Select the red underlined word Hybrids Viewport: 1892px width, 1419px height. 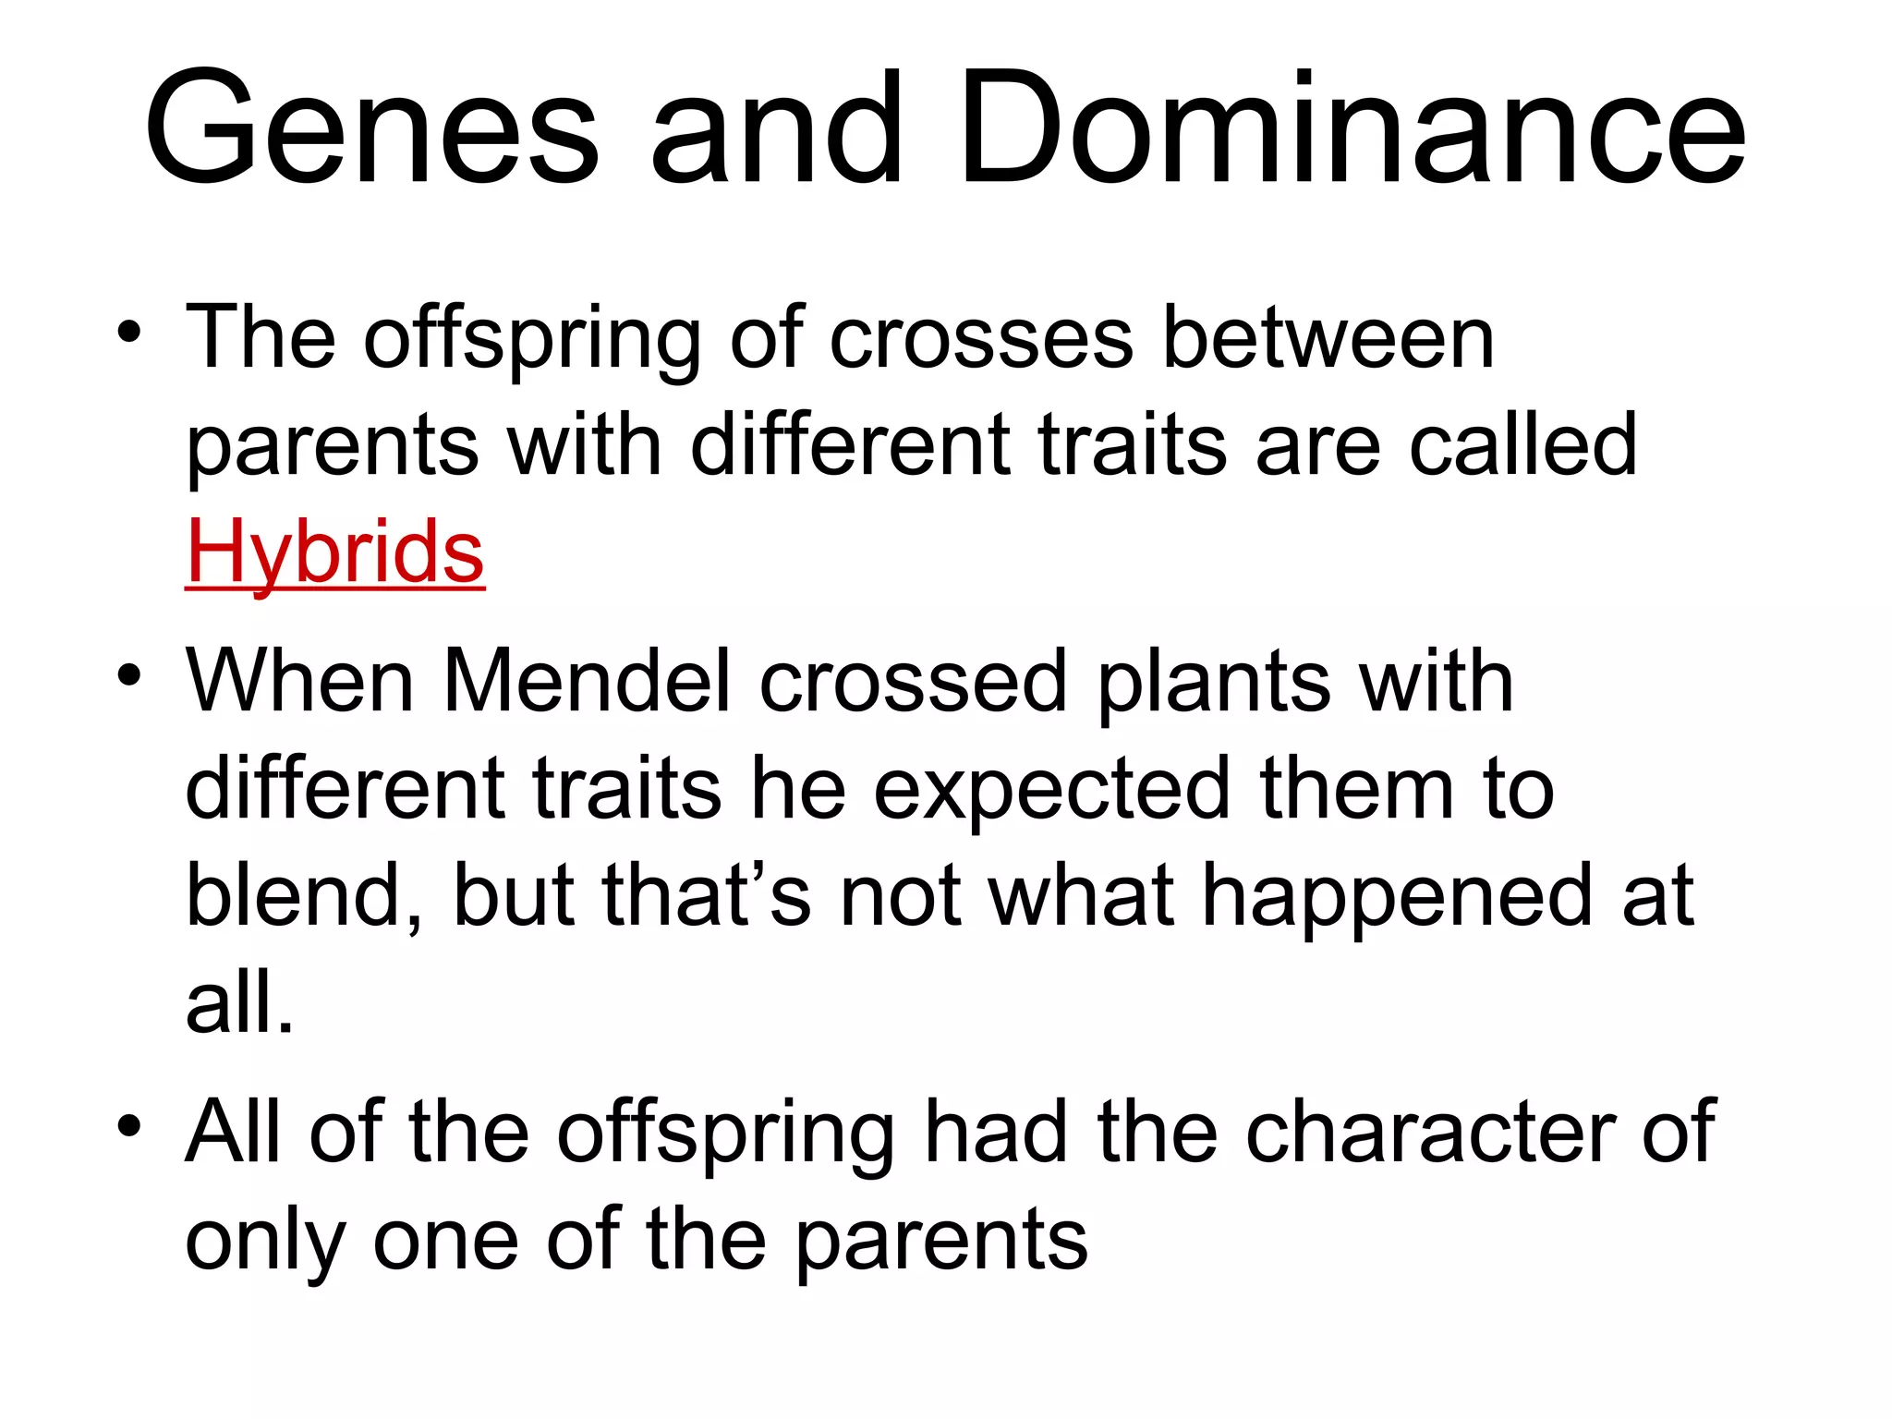(334, 552)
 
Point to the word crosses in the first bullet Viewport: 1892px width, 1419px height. (980, 339)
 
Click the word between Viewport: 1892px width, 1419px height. (1328, 339)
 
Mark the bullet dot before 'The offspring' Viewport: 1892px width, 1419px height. (129, 333)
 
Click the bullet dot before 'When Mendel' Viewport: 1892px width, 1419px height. (129, 675)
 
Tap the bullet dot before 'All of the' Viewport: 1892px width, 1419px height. (129, 1126)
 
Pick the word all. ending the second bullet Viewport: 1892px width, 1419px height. (239, 1002)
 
